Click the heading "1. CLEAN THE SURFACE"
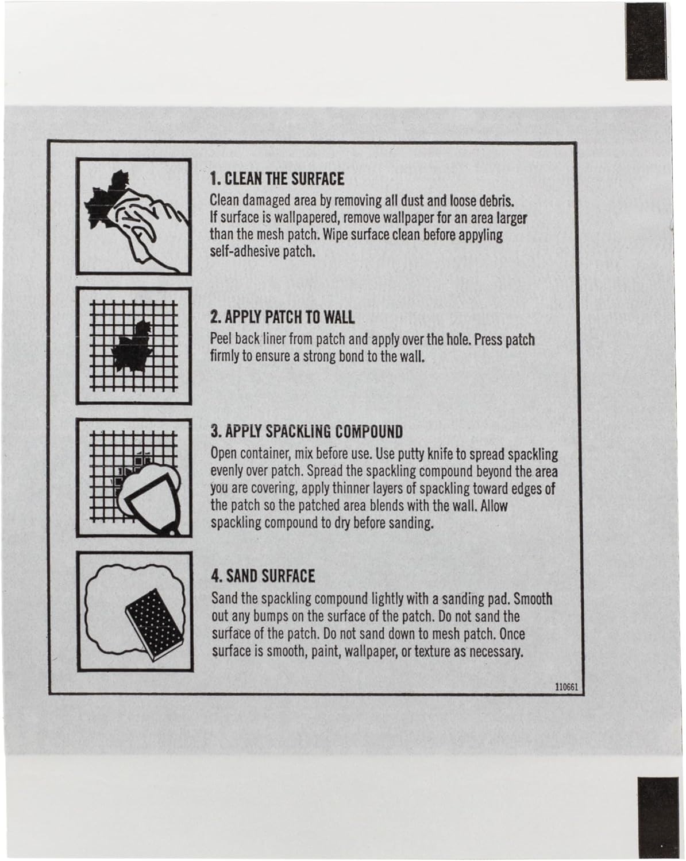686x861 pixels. click(277, 179)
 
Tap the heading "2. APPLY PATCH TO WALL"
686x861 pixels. click(282, 317)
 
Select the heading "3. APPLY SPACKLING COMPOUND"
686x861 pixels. click(307, 432)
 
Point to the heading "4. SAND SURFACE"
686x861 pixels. click(263, 576)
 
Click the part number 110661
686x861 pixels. click(566, 687)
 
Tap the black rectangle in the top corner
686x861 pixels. click(646, 41)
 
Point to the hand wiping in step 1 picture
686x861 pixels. click(150, 228)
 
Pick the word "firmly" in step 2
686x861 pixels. click(225, 356)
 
